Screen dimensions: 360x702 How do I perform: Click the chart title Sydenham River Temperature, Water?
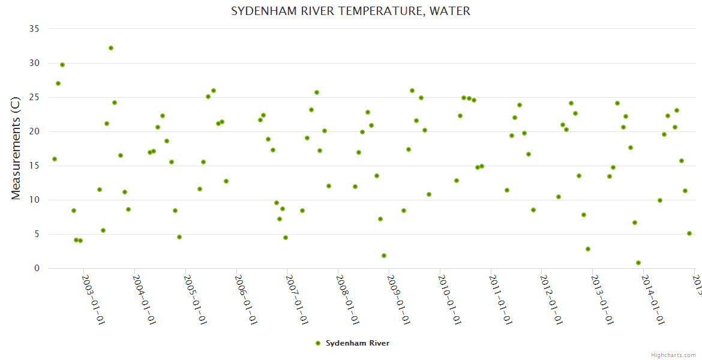coord(350,11)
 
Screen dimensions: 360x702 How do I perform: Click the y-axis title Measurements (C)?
coord(16,148)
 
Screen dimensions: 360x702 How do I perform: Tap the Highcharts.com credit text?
coord(674,355)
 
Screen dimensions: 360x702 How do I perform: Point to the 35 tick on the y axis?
coord(34,29)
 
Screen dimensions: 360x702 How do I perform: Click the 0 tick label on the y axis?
coord(37,268)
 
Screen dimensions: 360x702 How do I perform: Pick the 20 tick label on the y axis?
coord(34,131)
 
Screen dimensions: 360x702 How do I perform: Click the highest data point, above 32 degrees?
coord(111,48)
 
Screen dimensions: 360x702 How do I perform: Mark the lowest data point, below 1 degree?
coord(638,263)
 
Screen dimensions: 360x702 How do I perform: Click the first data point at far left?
coord(55,159)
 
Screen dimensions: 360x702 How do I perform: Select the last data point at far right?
coord(689,233)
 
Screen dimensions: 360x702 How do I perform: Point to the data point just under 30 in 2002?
coord(62,65)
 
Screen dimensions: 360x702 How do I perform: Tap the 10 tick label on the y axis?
coord(34,200)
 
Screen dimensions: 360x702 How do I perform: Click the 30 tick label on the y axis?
coord(34,63)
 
